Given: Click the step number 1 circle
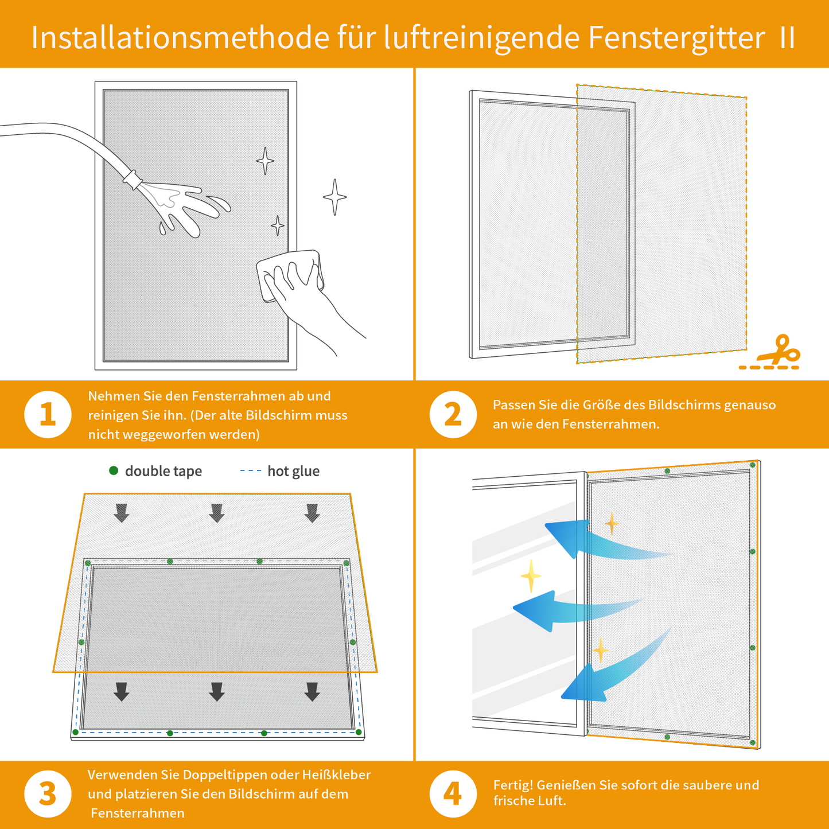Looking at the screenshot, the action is tap(48, 414).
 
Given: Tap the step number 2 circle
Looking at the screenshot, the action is tap(453, 414).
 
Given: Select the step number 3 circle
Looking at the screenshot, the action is tap(48, 794).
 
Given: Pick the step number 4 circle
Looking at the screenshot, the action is tap(453, 794).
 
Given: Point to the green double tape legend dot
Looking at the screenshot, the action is tap(114, 470).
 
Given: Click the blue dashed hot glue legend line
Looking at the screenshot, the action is tap(250, 470).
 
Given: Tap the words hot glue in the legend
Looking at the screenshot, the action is tap(293, 471).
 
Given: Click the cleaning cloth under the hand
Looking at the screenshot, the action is tap(290, 275).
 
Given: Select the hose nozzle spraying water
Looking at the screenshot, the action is tap(133, 179).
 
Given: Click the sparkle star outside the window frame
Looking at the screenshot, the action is tap(334, 197).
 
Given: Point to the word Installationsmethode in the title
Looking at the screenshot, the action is tap(180, 38).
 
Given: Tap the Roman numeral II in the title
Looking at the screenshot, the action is tap(787, 38).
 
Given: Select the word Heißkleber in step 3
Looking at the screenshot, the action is tap(336, 775).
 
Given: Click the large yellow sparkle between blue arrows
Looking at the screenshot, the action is tap(531, 575).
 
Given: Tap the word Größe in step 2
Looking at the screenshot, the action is tap(600, 405).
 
